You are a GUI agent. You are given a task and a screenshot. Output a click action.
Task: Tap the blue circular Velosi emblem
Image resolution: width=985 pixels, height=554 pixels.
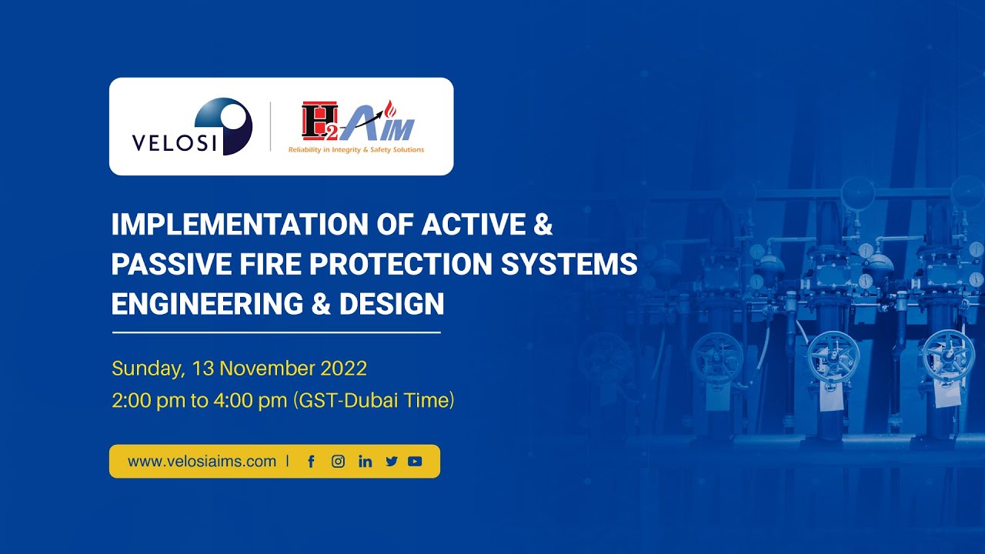(x=224, y=125)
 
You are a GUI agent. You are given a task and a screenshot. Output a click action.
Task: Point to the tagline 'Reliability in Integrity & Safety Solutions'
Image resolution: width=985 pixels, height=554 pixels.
(x=356, y=150)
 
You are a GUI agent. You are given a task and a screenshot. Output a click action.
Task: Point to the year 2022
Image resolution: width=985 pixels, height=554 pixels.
(x=342, y=369)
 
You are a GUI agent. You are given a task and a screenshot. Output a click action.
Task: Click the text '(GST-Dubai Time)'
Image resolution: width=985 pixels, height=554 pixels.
(x=374, y=401)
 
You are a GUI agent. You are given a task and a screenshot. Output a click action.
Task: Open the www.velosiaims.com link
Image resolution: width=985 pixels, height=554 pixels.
(x=202, y=462)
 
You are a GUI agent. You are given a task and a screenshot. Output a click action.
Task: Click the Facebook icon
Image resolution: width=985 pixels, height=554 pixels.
(x=312, y=462)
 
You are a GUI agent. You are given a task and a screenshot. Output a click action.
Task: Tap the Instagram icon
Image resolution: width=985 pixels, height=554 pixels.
(x=338, y=462)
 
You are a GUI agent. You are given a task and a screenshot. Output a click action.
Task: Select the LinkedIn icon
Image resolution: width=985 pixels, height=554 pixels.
(x=365, y=462)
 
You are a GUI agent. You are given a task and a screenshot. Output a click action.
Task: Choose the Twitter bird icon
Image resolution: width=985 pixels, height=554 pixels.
(x=392, y=462)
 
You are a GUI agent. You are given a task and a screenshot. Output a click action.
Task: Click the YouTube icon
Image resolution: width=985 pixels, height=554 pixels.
(x=416, y=462)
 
